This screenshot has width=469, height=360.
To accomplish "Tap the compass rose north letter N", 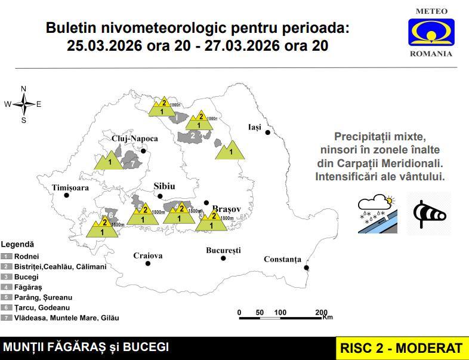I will click(24, 89).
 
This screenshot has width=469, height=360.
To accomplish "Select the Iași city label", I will click(255, 127).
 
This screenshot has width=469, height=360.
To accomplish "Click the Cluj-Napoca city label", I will click(135, 139).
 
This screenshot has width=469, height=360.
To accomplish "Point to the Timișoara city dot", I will click(67, 195).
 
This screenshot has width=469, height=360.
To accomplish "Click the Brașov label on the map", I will click(226, 210).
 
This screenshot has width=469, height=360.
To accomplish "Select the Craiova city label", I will click(147, 256).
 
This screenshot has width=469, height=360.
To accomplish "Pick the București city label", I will click(223, 250).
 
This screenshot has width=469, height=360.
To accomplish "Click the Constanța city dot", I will click(306, 267).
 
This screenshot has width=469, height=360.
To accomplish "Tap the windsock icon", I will click(429, 212).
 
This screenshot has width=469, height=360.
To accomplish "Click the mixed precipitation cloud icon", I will click(377, 213).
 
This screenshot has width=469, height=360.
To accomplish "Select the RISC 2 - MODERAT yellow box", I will click(401, 348).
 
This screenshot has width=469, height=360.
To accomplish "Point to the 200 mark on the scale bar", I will click(321, 312).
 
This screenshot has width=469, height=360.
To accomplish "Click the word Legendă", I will click(17, 244).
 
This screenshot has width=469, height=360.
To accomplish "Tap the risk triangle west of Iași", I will click(231, 150).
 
